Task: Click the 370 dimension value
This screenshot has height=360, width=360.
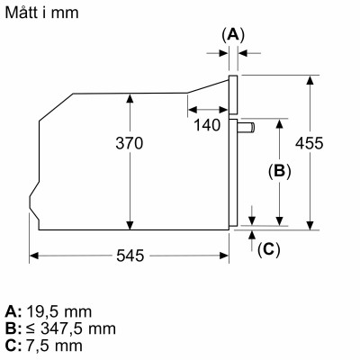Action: [130, 144]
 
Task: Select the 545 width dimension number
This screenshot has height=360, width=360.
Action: [130, 256]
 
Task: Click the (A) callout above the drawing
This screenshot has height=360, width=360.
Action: [233, 34]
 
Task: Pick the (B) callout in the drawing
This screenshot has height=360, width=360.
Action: [280, 170]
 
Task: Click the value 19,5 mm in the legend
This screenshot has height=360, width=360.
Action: [49, 311]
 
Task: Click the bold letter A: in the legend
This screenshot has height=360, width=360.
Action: [12, 311]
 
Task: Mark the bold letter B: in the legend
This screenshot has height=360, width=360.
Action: [12, 328]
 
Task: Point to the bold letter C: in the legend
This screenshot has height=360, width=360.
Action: [12, 346]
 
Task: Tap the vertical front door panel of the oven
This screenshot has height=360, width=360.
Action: [232, 153]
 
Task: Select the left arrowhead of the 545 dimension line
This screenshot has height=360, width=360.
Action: [33, 256]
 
